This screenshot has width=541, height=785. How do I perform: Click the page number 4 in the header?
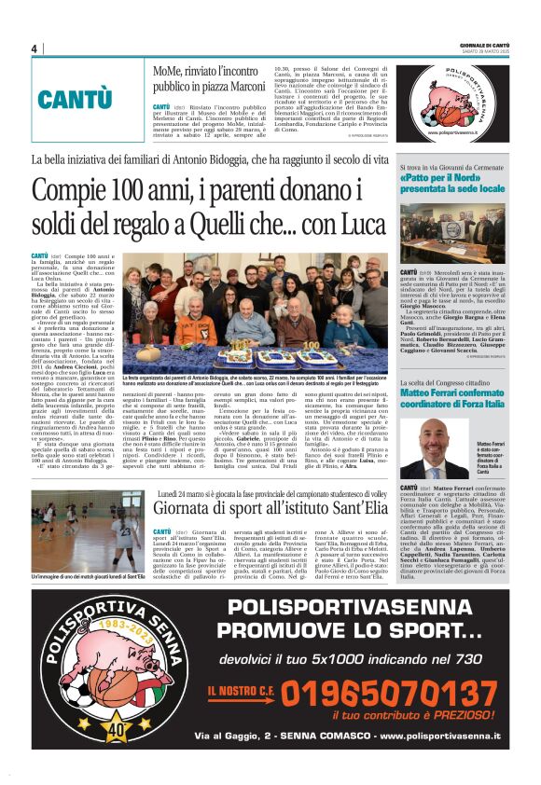coord(34,48)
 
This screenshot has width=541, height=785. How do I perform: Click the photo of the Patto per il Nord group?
coord(452,231)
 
